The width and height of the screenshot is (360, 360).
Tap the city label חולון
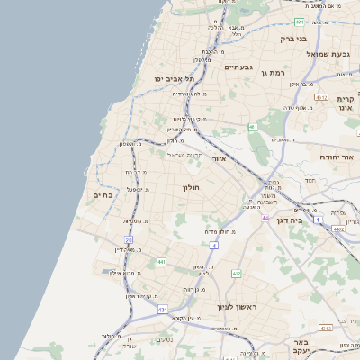(190, 187)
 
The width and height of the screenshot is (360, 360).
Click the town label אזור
(219, 158)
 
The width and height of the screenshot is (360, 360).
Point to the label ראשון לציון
(236, 307)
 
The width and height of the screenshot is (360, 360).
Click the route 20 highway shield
(129, 240)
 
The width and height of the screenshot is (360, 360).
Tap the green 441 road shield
(161, 261)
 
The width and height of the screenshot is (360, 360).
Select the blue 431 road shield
(161, 309)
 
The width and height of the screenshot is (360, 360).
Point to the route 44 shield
(265, 218)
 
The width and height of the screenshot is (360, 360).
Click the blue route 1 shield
(318, 219)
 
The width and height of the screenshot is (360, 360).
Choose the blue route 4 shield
(216, 245)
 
